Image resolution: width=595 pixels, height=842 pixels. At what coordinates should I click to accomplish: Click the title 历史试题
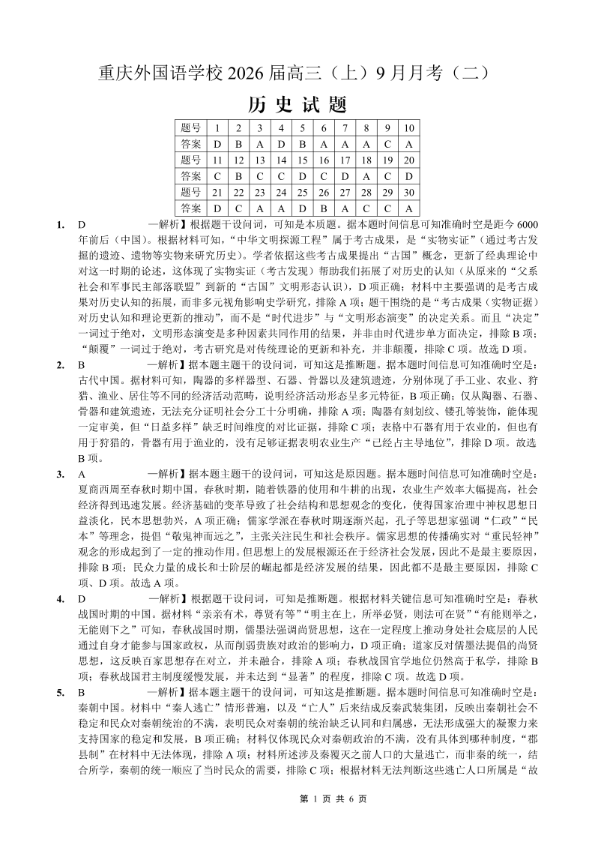click(297, 103)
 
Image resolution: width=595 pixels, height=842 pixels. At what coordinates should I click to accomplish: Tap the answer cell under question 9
click(387, 143)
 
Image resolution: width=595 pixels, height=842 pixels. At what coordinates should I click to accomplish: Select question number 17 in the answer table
click(345, 160)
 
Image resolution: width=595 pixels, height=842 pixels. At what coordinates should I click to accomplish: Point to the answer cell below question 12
click(238, 175)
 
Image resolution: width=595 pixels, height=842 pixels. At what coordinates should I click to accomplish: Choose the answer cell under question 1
click(217, 143)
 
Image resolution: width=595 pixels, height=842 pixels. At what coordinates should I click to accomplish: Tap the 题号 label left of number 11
click(190, 160)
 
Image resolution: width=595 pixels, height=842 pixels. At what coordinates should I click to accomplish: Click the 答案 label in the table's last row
click(190, 208)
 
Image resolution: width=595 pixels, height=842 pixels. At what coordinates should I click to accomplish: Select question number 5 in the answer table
click(302, 127)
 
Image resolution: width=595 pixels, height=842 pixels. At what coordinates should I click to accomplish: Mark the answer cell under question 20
click(409, 175)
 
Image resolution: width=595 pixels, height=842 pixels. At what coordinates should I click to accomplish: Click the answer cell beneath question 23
click(259, 208)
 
